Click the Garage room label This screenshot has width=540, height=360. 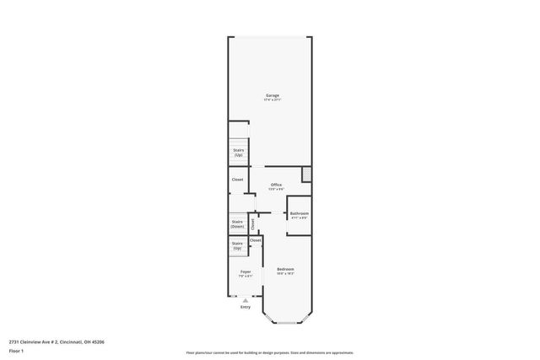pyautogui.click(x=273, y=95)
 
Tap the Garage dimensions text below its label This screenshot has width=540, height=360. pyautogui.click(x=273, y=100)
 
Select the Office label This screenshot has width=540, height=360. pyautogui.click(x=276, y=185)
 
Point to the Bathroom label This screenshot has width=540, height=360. pyautogui.click(x=300, y=213)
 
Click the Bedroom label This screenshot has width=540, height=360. pyautogui.click(x=285, y=268)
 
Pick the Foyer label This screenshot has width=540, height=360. pyautogui.click(x=246, y=271)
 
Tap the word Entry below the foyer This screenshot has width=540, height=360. pyautogui.click(x=246, y=307)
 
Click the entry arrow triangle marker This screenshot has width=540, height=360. pyautogui.click(x=246, y=299)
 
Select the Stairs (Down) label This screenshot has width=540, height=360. pyautogui.click(x=238, y=225)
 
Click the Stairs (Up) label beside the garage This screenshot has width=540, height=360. pyautogui.click(x=239, y=153)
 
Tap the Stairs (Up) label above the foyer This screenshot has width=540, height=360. pyautogui.click(x=237, y=246)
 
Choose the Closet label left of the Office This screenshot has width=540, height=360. pyautogui.click(x=238, y=180)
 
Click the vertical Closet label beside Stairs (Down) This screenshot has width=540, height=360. pyautogui.click(x=252, y=223)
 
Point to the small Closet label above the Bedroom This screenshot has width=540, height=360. pyautogui.click(x=255, y=241)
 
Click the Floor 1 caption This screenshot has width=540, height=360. pyautogui.click(x=16, y=350)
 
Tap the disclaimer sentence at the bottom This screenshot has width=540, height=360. pyautogui.click(x=269, y=353)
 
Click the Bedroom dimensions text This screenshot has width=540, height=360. pyautogui.click(x=285, y=273)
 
